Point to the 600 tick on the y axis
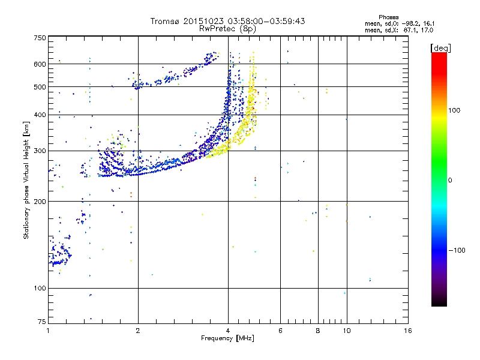click(40, 64)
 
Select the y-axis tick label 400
click(40, 115)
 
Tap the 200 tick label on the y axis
click(40, 202)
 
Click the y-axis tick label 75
click(41, 323)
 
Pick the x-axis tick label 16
click(407, 331)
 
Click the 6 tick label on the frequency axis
click(280, 331)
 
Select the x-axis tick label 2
click(138, 331)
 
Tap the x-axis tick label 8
click(318, 331)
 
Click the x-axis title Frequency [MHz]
click(228, 338)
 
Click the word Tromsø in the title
click(164, 21)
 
